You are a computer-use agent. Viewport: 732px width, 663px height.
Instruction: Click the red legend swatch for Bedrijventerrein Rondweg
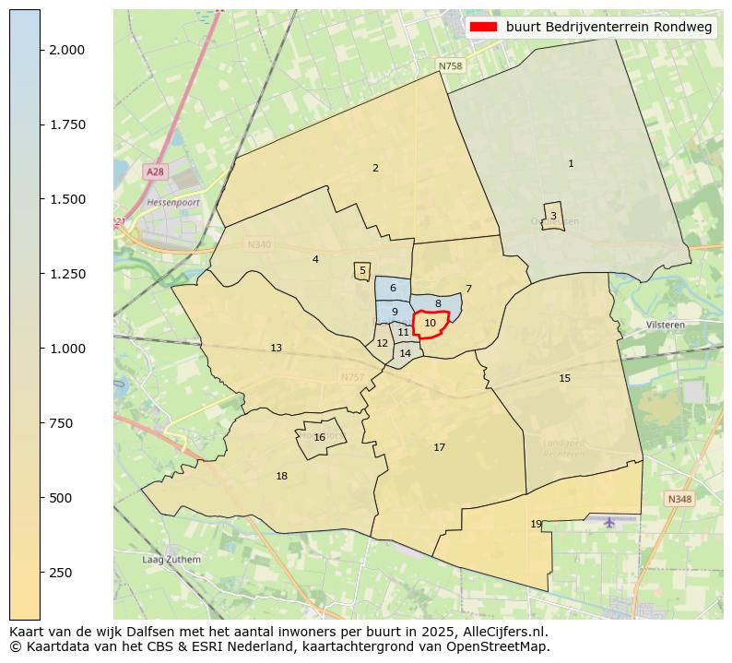(x=483, y=28)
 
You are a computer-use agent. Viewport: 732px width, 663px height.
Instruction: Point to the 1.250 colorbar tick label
(x=66, y=274)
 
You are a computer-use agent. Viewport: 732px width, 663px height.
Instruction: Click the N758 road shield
(x=450, y=66)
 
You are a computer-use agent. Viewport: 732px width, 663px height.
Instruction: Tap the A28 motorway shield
(x=155, y=172)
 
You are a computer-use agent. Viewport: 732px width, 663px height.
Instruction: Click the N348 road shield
(x=679, y=499)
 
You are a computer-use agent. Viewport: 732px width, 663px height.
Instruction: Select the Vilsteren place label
(x=666, y=326)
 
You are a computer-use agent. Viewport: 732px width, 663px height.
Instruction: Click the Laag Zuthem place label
(x=171, y=560)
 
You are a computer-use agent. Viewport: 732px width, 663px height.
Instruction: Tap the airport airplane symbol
(x=609, y=522)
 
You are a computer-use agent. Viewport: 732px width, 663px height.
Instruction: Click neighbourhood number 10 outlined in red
(x=431, y=324)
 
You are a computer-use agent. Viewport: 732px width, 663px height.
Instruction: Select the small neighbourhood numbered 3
(x=553, y=216)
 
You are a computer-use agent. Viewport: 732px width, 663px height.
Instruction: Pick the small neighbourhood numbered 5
(x=362, y=271)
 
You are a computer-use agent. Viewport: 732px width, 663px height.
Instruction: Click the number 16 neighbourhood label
(x=319, y=438)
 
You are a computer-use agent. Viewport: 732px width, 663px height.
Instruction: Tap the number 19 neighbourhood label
(x=537, y=525)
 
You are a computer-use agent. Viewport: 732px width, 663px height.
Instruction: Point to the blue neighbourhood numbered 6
(x=393, y=289)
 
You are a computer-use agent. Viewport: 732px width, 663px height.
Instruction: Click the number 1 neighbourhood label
(x=571, y=164)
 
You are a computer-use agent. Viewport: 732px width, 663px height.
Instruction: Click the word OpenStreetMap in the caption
(x=502, y=646)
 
